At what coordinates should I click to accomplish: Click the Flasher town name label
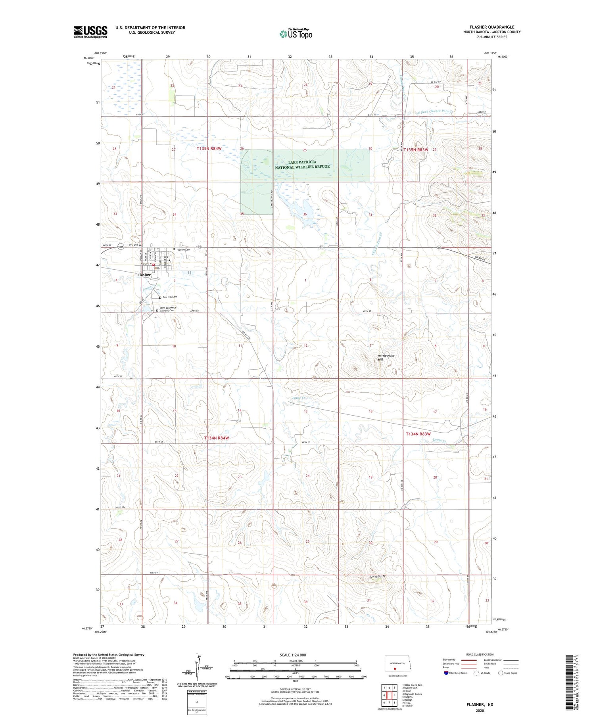coord(144,274)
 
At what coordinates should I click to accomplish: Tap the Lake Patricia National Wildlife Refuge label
coord(302,165)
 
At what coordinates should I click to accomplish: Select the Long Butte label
coord(378,576)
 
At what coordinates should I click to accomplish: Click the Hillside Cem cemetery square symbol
coord(174,249)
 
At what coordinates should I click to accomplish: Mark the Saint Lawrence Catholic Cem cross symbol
coord(157,311)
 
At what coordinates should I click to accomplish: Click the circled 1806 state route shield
coord(121,247)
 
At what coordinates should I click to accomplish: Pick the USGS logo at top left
coord(90,32)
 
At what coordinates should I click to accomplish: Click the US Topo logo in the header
coord(296,34)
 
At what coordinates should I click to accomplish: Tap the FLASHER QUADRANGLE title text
coord(492,27)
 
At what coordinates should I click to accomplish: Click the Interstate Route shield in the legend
coord(446,673)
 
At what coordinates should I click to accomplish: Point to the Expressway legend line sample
coord(468,660)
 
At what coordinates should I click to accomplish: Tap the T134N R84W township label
coord(217,438)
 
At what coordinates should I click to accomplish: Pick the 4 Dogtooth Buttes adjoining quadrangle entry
coord(412,694)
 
